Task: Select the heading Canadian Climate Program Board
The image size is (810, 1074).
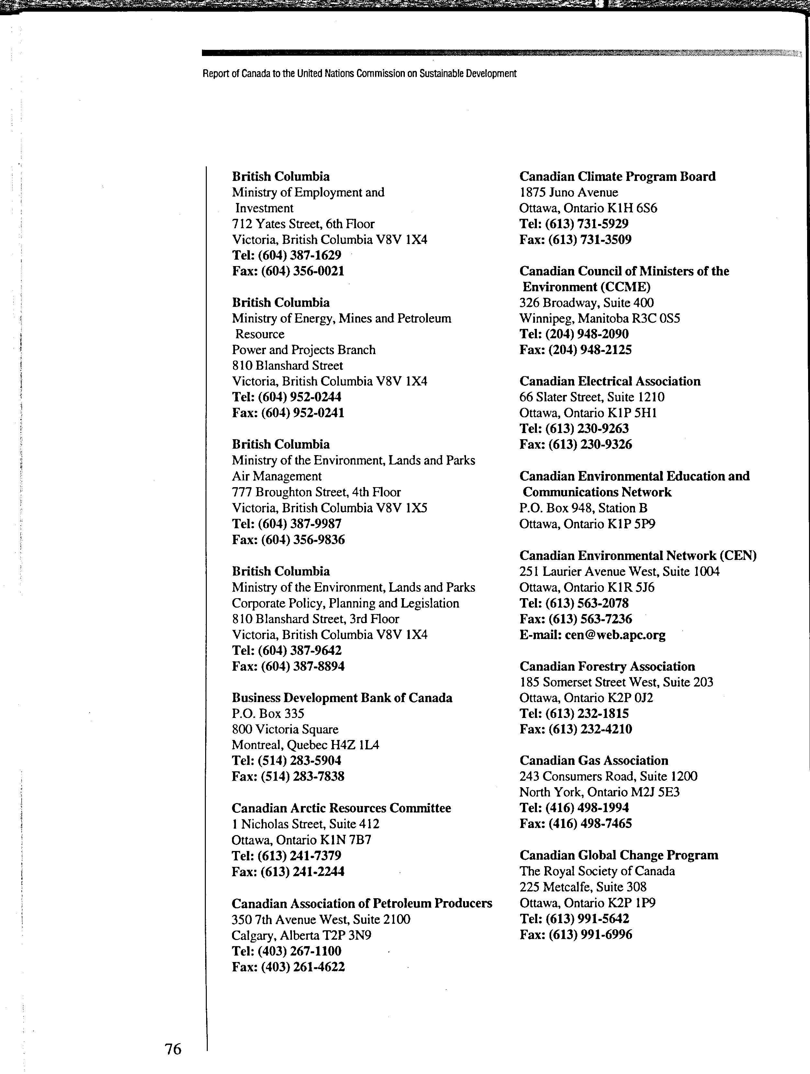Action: click(x=617, y=176)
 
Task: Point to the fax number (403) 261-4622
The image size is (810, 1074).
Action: click(x=303, y=967)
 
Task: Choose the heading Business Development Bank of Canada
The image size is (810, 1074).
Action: click(x=342, y=698)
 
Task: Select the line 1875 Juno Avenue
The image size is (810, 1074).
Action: click(x=568, y=192)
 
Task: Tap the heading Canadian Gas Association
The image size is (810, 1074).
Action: click(x=594, y=760)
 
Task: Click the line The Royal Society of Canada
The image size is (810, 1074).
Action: click(x=597, y=871)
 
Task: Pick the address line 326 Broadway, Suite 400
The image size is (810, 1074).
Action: click(x=586, y=302)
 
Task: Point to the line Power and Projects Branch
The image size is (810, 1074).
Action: click(x=303, y=350)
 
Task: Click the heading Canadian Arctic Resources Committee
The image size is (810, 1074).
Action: click(x=341, y=808)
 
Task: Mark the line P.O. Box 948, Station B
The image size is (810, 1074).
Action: click(x=583, y=508)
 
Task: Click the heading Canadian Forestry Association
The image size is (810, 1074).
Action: click(x=607, y=666)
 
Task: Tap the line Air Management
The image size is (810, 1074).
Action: click(x=277, y=476)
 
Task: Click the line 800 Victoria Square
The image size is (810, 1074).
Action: click(x=285, y=729)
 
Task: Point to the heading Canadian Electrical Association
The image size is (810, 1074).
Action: click(x=610, y=381)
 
